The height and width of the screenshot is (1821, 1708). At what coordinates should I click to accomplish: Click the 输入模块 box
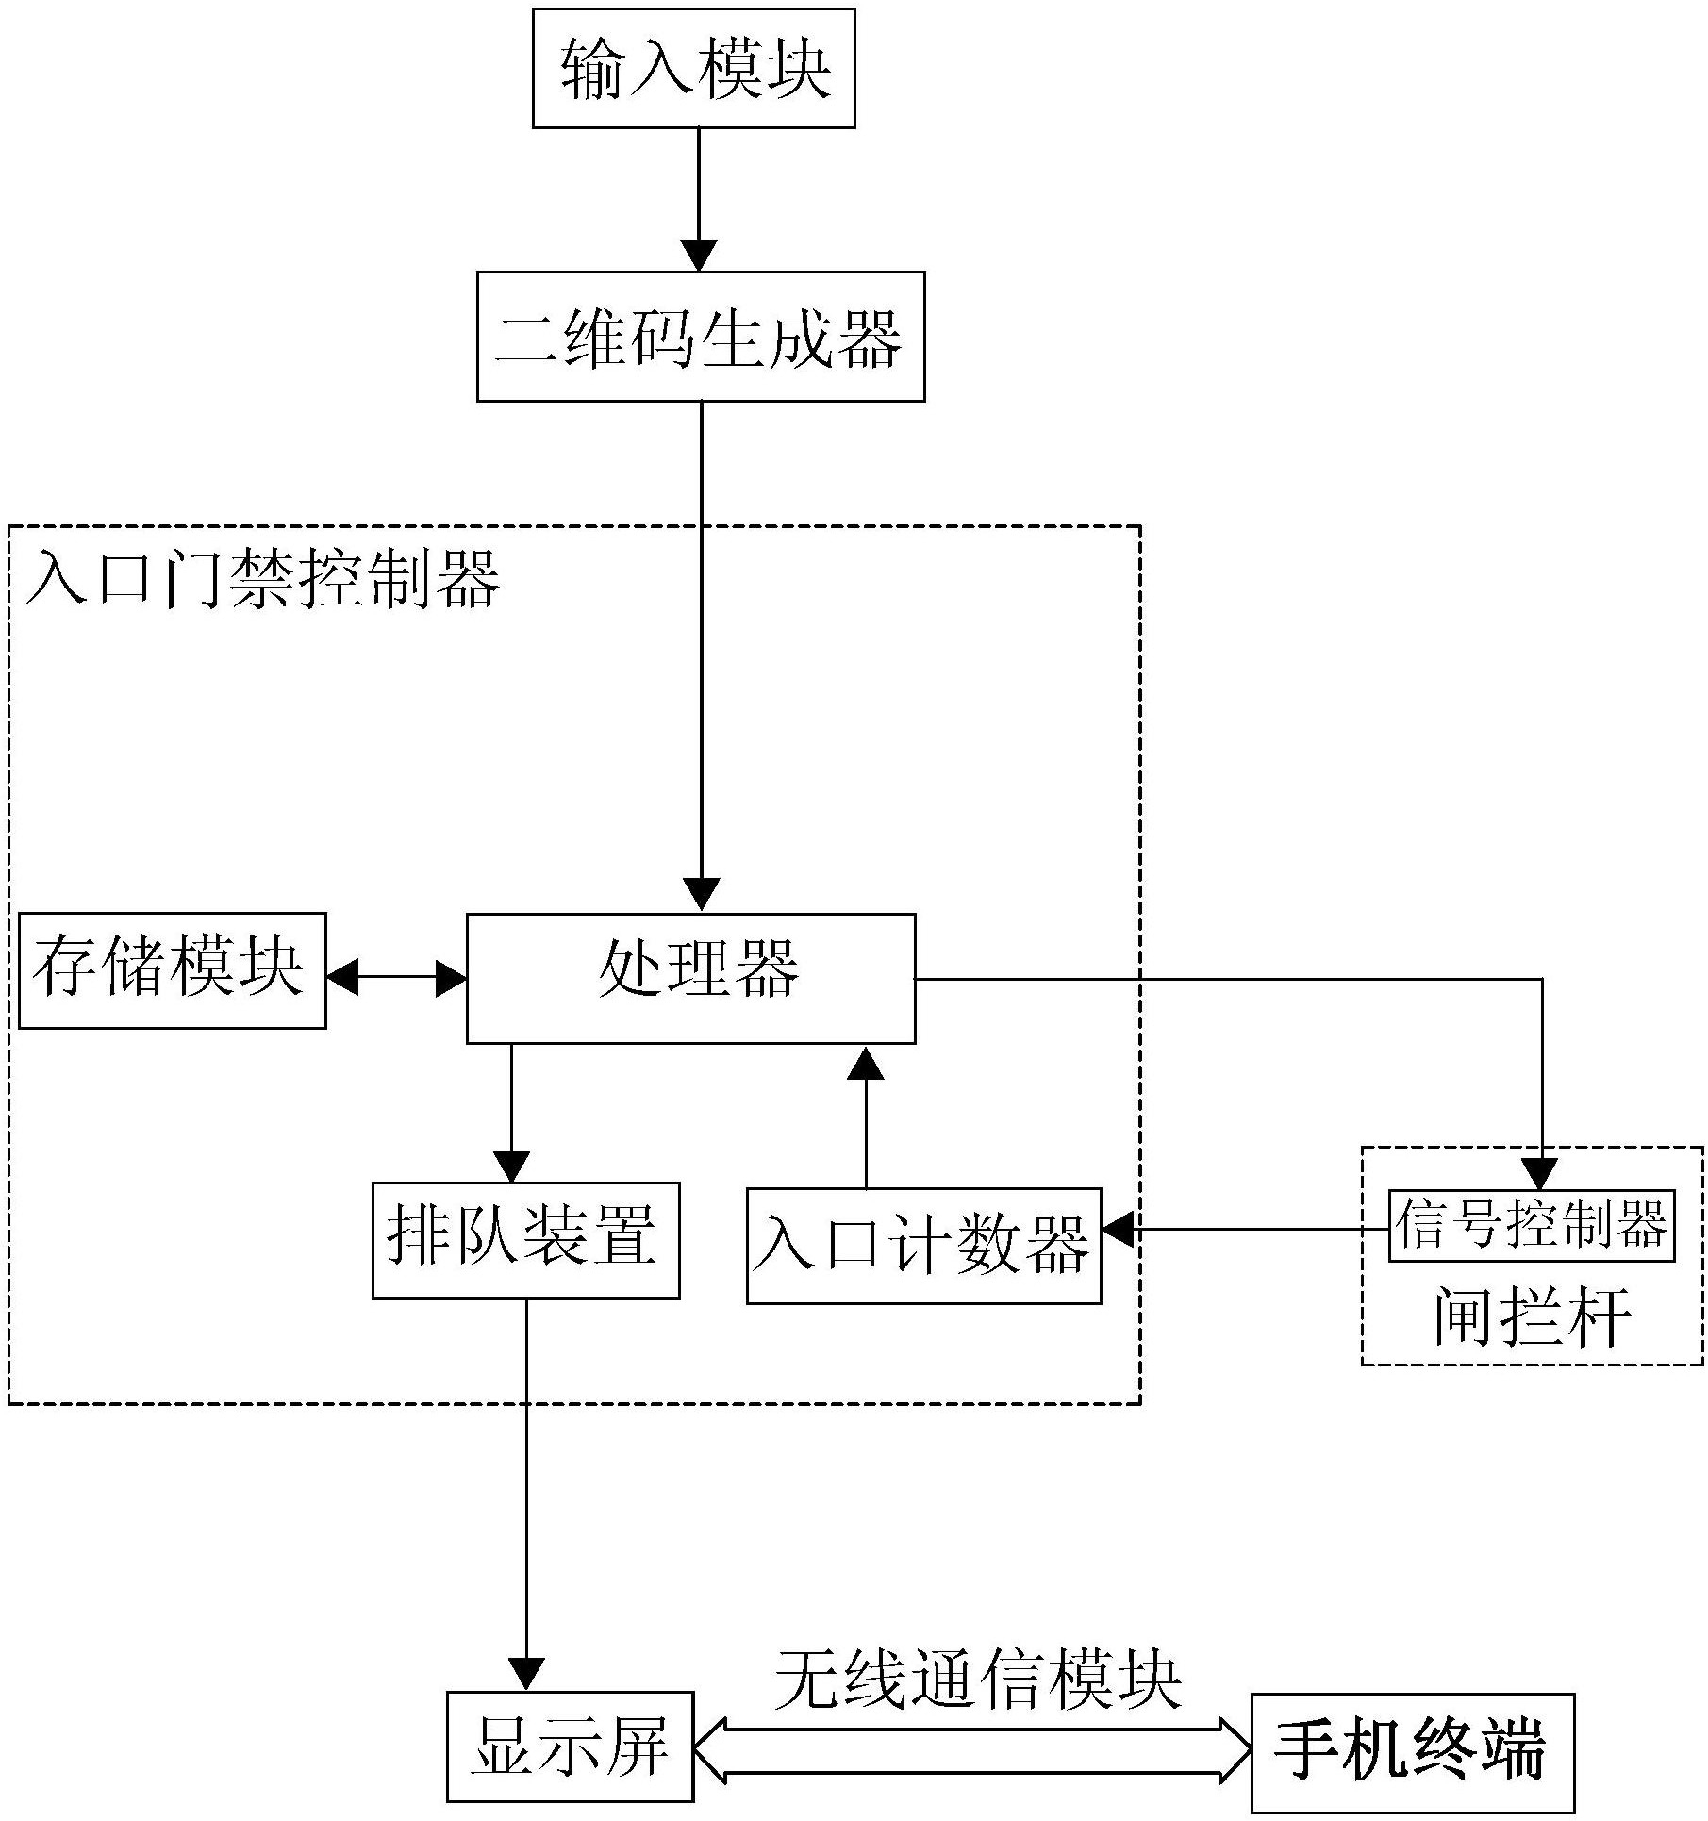tap(693, 68)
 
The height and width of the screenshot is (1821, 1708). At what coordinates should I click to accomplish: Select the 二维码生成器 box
tap(701, 337)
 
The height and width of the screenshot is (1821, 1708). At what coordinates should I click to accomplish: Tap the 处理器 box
tap(691, 978)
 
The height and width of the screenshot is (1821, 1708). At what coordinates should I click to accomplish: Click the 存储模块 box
tap(173, 970)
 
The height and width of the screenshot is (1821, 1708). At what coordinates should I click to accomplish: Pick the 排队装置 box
tap(526, 1240)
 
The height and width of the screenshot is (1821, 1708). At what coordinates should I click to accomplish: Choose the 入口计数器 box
tap(924, 1246)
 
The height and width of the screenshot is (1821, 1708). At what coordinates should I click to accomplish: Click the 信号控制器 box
tap(1532, 1226)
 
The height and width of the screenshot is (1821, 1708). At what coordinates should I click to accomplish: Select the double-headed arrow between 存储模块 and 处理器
tap(397, 978)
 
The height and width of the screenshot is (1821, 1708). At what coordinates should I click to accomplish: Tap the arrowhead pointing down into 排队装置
tap(512, 1167)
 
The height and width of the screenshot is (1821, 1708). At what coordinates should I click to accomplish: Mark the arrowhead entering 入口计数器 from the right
tap(1118, 1230)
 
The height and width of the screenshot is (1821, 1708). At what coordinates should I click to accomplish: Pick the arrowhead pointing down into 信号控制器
tap(1543, 1175)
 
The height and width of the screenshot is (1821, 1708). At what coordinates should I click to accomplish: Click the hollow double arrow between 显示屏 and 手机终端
tap(972, 1751)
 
